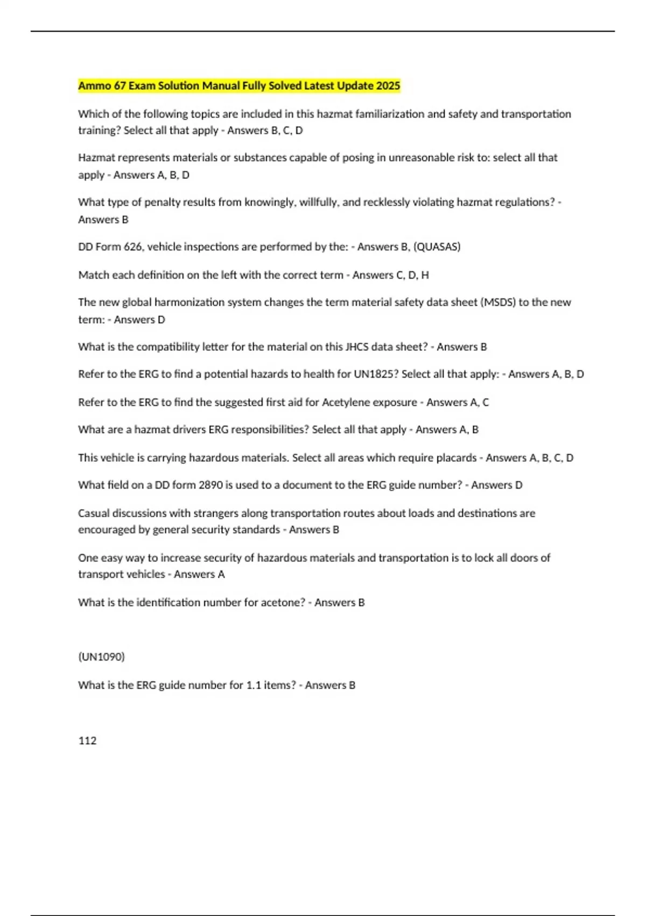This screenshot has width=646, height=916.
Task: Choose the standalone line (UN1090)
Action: pyautogui.click(x=101, y=657)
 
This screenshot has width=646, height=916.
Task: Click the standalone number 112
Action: pyautogui.click(x=87, y=740)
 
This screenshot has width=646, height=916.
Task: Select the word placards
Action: pyautogui.click(x=455, y=457)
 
